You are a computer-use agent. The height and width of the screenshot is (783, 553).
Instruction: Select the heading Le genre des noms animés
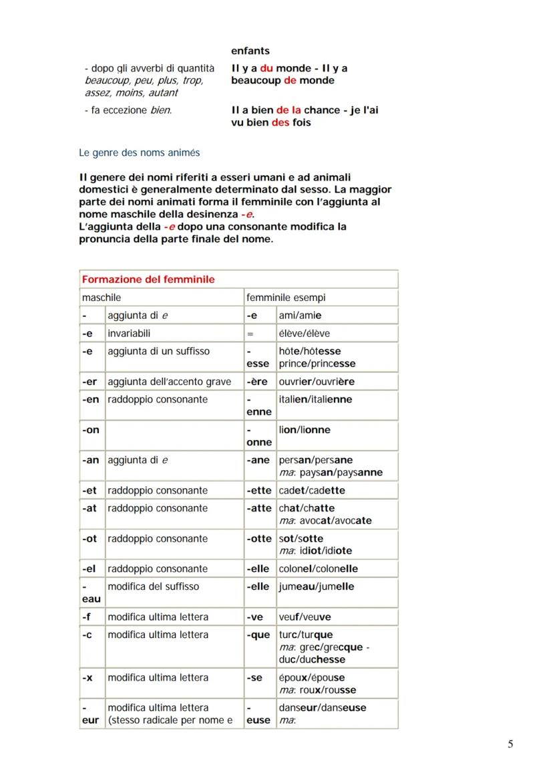point(139,152)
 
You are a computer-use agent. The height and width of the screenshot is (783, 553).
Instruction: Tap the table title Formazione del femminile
point(148,279)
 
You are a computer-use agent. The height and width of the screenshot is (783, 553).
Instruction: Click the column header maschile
point(102,298)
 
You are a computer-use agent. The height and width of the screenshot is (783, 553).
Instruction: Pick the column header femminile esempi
point(286,298)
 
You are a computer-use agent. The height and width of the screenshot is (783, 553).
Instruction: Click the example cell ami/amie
point(300,316)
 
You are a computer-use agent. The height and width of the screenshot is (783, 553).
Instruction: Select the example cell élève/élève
point(304,333)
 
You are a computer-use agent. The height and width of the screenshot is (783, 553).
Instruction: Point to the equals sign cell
point(250,333)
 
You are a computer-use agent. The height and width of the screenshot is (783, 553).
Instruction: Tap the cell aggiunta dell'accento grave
point(169,382)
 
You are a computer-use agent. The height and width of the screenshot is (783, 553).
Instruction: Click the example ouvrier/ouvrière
point(317,382)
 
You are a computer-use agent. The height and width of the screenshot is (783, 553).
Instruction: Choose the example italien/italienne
point(315,399)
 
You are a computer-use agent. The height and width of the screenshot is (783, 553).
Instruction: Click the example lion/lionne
point(305,430)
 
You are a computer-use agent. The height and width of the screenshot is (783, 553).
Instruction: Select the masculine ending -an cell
point(90,460)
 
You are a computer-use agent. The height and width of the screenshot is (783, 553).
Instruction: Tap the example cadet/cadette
point(312,491)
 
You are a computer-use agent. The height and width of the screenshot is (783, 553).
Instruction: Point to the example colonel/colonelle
point(318,569)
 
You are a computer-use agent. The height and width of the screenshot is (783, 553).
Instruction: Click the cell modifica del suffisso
point(153,586)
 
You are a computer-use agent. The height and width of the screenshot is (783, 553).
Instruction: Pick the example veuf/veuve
point(305,617)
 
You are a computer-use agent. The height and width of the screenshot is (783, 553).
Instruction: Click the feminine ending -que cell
point(258,635)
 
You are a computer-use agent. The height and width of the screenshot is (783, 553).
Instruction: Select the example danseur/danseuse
point(323,707)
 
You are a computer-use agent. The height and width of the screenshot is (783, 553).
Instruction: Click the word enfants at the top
point(250,51)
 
